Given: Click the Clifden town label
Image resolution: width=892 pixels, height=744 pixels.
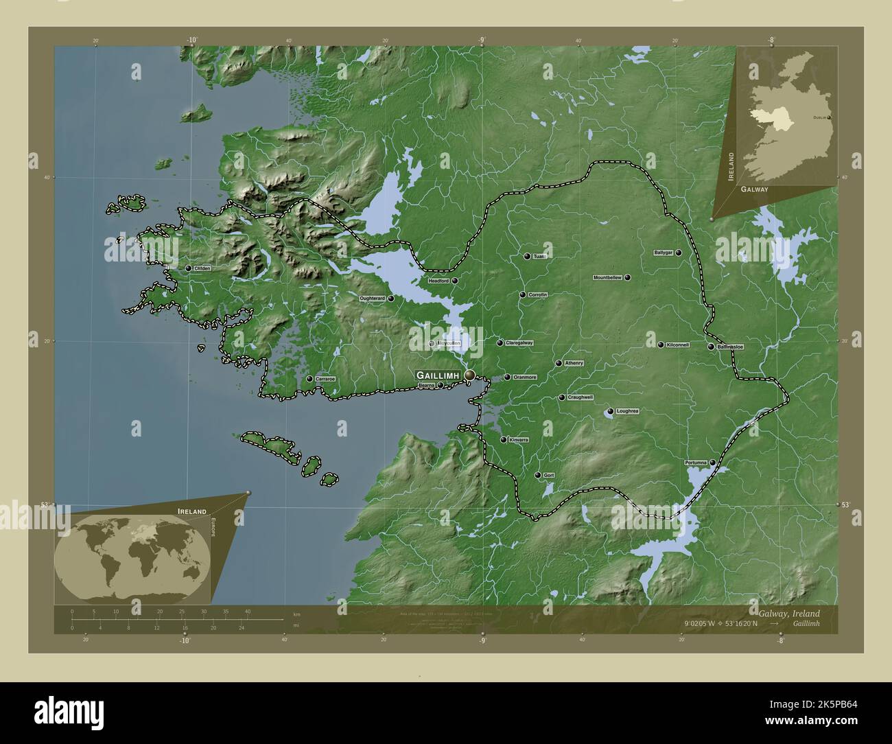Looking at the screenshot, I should click(202, 268).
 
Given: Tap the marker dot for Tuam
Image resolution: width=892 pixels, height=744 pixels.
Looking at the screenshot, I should click(527, 256).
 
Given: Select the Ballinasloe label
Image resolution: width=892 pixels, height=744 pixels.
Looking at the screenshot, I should click(730, 347).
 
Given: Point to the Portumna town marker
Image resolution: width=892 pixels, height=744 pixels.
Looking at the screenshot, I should click(713, 463).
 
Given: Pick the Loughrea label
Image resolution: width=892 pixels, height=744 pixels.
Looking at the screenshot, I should click(627, 411).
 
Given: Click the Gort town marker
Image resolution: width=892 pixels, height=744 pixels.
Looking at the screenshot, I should click(538, 475).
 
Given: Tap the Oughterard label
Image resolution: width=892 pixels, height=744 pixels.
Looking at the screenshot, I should click(373, 299).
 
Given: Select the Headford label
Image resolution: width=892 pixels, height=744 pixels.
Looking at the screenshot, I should click(438, 281).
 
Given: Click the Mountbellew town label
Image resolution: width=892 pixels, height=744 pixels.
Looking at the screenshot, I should click(607, 277).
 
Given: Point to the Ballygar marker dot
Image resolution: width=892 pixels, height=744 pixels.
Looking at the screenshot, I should click(678, 253).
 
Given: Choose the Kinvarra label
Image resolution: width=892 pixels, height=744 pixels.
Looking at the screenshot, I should click(518, 439).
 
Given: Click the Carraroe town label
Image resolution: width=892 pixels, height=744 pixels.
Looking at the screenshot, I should click(325, 379).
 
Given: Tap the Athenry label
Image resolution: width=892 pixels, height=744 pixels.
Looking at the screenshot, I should click(574, 363).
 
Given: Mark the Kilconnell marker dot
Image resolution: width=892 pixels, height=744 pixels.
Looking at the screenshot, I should click(661, 345).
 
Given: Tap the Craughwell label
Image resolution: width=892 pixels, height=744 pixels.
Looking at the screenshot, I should click(580, 397).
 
